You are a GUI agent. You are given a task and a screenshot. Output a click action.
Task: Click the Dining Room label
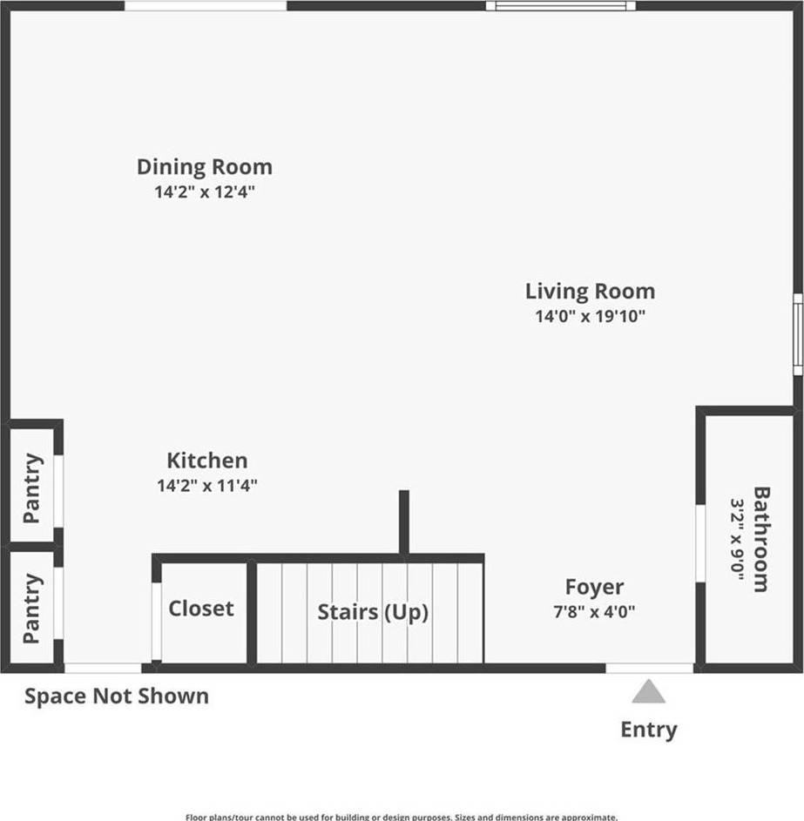(x=205, y=167)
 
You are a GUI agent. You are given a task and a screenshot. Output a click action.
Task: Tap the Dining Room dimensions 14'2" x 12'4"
(x=205, y=192)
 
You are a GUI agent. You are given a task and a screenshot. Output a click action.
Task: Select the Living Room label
(x=591, y=292)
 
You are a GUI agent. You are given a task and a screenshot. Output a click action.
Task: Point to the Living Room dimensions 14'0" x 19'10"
(x=591, y=316)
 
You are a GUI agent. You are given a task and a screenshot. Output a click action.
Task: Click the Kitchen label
(x=207, y=461)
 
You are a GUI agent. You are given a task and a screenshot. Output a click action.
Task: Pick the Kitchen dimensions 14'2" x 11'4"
(x=207, y=486)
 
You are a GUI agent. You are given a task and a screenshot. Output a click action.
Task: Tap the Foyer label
(x=594, y=588)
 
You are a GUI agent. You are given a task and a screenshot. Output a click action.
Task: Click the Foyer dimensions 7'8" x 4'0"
(x=594, y=611)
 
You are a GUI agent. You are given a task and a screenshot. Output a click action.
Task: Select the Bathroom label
(x=761, y=539)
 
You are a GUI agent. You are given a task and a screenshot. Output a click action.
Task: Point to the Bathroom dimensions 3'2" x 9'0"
(x=738, y=539)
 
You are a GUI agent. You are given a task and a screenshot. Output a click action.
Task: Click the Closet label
(x=201, y=609)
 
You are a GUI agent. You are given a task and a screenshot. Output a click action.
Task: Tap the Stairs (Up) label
(x=373, y=612)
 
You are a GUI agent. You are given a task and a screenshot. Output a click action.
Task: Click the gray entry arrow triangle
(x=648, y=692)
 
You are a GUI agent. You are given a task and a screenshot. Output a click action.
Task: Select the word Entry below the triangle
(x=649, y=730)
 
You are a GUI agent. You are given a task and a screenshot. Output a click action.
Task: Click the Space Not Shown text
(x=117, y=697)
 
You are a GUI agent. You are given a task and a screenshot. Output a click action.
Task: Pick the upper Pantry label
(x=32, y=488)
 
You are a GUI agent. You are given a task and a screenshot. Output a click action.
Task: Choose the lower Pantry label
(x=32, y=608)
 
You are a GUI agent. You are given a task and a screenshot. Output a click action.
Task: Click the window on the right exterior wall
(x=798, y=334)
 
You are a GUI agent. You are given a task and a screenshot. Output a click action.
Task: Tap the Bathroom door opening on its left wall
(x=700, y=543)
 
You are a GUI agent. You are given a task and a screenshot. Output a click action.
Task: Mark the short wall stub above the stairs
(x=404, y=522)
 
